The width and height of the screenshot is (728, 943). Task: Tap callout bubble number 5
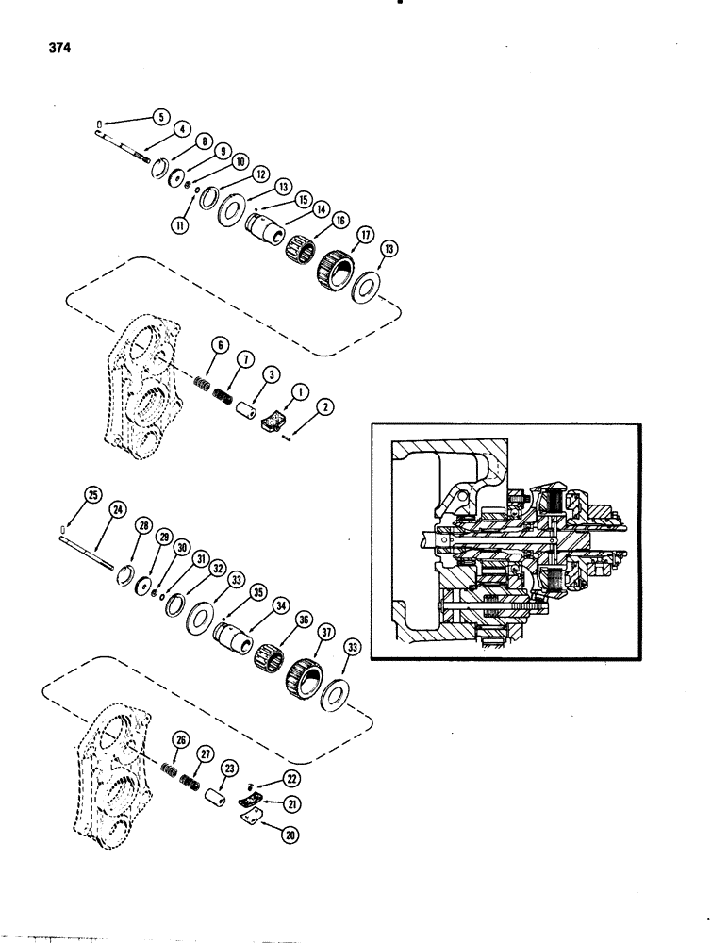pos(161,118)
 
